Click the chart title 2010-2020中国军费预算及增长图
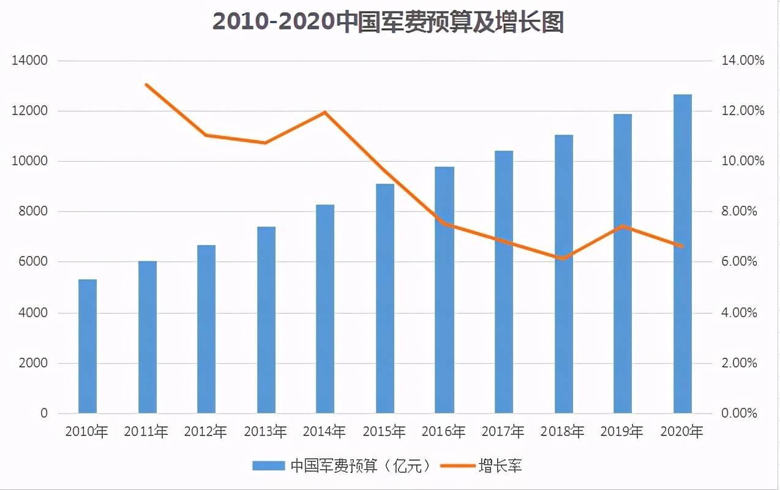pyautogui.click(x=388, y=21)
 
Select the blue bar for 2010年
pyautogui.click(x=88, y=346)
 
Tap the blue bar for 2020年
pyautogui.click(x=682, y=254)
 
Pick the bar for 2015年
pyautogui.click(x=385, y=298)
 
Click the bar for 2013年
pyautogui.click(x=266, y=320)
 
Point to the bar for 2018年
pyautogui.click(x=563, y=274)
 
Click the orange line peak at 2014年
pyautogui.click(x=326, y=112)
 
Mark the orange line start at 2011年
pyautogui.click(x=147, y=85)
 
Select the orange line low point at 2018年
pyautogui.click(x=563, y=258)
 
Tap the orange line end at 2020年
pyautogui.click(x=681, y=246)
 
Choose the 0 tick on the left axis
pyautogui.click(x=44, y=413)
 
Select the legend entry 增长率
pyautogui.click(x=500, y=466)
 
